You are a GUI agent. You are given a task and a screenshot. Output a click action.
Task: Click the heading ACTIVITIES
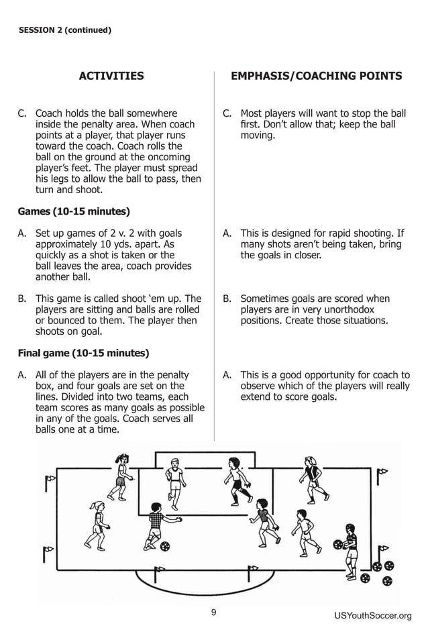click(111, 76)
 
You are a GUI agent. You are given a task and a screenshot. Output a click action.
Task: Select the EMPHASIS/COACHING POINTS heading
click(316, 76)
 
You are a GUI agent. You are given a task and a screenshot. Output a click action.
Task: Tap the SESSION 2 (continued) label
click(64, 30)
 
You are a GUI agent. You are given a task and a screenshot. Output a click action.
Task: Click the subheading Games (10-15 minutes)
click(74, 212)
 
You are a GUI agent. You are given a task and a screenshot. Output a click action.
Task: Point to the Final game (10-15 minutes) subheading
click(83, 353)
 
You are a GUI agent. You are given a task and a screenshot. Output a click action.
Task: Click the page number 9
click(213, 612)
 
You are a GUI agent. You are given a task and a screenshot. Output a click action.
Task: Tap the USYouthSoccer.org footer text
click(372, 616)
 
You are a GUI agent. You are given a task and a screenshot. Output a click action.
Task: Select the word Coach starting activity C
click(50, 113)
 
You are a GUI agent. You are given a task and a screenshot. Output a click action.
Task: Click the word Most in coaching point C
click(252, 113)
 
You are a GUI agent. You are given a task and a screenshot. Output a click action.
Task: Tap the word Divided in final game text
click(54, 396)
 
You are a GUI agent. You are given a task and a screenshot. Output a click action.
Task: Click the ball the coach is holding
click(338, 545)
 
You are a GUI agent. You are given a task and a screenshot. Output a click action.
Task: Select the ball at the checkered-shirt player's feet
click(165, 546)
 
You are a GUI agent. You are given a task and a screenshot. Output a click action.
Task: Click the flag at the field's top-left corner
click(50, 480)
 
